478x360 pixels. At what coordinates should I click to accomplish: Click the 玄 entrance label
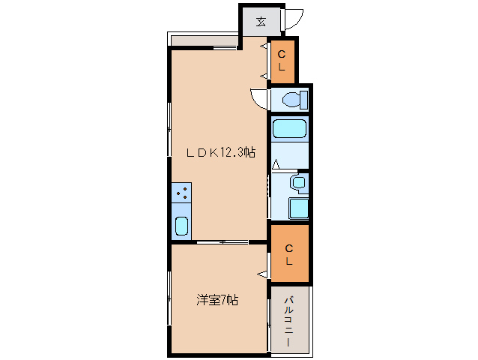pos(261,22)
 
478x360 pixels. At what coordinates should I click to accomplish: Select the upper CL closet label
pos(282,61)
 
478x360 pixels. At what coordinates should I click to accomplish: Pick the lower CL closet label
pos(289,254)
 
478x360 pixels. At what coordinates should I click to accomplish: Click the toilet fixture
pos(295,100)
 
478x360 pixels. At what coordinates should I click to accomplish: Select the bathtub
pos(289,129)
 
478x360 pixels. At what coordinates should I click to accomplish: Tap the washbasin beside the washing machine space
pos(299,182)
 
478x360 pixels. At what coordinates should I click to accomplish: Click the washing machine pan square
pos(298,208)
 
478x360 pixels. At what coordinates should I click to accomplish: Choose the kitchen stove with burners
pos(181,193)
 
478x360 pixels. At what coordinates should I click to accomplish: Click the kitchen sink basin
pos(182,226)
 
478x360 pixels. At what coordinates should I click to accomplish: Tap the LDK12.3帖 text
pos(221,152)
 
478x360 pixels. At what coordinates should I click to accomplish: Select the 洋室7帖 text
pos(217,300)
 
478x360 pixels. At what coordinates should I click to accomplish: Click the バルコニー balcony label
pos(288,321)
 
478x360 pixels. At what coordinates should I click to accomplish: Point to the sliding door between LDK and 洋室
pos(223,242)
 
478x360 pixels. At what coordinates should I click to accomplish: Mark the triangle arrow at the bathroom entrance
pos(276,164)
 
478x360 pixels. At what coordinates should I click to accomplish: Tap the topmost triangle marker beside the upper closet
pos(264,46)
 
